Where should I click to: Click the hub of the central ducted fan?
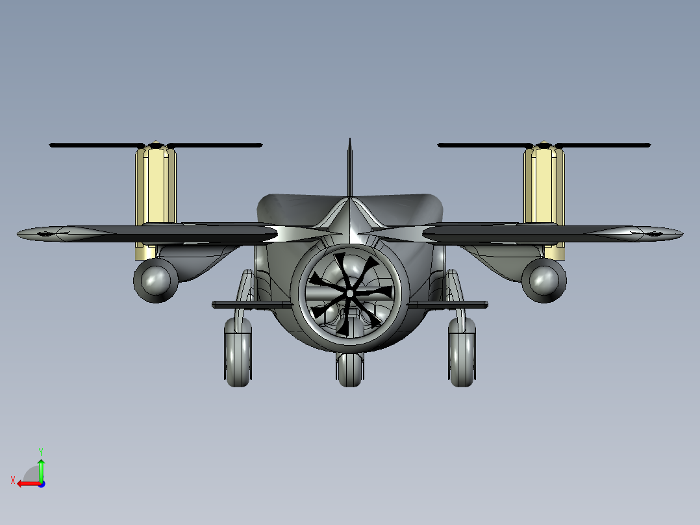(x=349, y=293)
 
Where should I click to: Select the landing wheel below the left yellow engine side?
(x=238, y=352)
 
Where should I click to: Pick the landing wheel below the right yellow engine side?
(x=462, y=352)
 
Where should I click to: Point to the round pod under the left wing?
(x=156, y=280)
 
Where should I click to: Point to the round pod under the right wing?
(x=544, y=280)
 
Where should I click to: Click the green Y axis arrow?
(x=41, y=470)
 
